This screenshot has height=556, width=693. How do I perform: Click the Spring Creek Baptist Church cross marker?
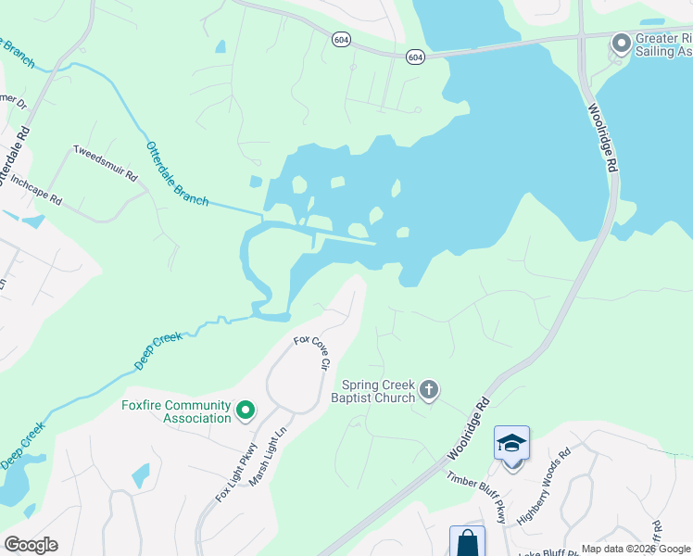coord(428,389)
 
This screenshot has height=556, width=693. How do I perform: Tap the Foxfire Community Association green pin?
coord(246,409)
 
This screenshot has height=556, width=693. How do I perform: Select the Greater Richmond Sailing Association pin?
coord(621,44)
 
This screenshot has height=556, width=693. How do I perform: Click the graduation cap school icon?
coord(511,444)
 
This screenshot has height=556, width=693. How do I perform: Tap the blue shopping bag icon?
coord(467,543)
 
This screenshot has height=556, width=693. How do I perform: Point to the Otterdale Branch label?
coord(176,173)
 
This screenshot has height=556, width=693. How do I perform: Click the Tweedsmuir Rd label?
coord(105,163)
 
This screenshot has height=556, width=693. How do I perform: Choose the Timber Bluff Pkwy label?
coord(477,498)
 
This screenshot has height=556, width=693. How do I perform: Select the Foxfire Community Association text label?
coord(176,411)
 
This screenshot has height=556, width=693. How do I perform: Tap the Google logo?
coord(31,545)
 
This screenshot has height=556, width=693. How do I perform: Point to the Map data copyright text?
coord(636,549)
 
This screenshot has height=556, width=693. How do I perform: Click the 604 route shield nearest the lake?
coord(415,57)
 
